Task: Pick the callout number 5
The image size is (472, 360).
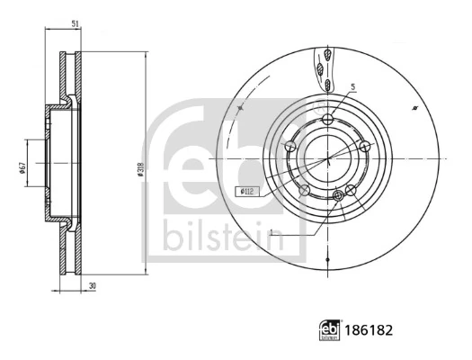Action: pyautogui.click(x=353, y=87)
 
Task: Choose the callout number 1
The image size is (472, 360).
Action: pyautogui.click(x=270, y=231)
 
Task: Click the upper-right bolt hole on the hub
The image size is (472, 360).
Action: pyautogui.click(x=364, y=147)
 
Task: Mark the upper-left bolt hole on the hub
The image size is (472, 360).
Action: pyautogui.click(x=291, y=145)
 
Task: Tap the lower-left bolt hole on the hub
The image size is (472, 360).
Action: pyautogui.click(x=306, y=190)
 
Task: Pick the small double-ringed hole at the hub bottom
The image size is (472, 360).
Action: pyautogui.click(x=339, y=195)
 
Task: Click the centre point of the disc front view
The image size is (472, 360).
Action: pyautogui.click(x=329, y=157)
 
